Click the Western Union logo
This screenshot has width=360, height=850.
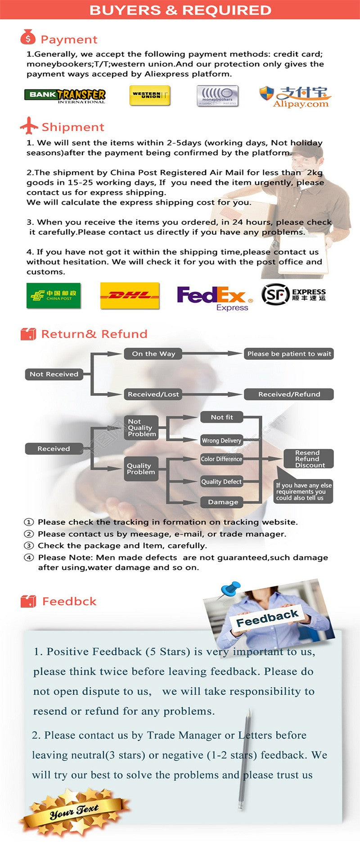[x=149, y=95]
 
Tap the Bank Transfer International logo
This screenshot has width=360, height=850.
[x=65, y=96]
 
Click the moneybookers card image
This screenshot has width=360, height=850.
[x=217, y=96]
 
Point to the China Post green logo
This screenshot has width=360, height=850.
[x=54, y=295]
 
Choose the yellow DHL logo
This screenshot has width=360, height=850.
[x=130, y=295]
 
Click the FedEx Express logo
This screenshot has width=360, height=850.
[x=214, y=298]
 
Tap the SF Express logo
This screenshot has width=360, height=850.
[x=293, y=295]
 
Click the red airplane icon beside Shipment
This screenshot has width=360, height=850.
[x=29, y=126]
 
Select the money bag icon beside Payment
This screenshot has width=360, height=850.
[x=28, y=38]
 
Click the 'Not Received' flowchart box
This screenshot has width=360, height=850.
[x=54, y=374]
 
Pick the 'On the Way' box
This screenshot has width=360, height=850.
[x=153, y=353]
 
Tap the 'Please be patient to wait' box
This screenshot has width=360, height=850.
[x=289, y=353]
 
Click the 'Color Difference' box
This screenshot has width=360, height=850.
[x=221, y=459]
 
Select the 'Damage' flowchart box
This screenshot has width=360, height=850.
[x=223, y=502]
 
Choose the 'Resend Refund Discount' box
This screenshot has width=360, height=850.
[x=308, y=459]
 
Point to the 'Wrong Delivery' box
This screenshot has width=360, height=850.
[x=221, y=440]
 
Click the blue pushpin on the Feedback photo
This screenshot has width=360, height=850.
[x=230, y=589]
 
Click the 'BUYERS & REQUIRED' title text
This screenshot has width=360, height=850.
[x=180, y=10]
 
